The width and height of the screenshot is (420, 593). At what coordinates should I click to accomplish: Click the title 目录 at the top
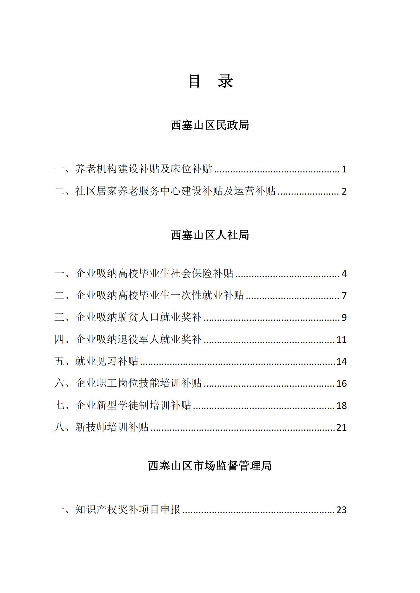210,81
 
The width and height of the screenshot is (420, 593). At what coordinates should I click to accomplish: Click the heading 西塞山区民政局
210,125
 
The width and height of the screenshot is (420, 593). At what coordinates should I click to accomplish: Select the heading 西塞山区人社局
210,235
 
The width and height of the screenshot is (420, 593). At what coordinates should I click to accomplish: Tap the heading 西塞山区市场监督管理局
210,466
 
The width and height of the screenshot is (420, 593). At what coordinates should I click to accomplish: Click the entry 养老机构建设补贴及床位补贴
143,169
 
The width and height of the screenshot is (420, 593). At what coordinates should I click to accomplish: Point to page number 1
344,170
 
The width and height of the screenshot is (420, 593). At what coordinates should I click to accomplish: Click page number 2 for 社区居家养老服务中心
344,191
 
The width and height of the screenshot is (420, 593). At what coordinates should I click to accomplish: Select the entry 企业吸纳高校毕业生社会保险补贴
154,274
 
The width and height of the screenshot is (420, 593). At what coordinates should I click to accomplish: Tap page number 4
344,274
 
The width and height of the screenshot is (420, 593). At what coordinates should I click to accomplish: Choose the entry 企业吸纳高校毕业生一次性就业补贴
159,295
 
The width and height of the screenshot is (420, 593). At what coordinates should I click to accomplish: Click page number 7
344,296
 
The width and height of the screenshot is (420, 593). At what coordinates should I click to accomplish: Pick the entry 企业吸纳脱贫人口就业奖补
138,317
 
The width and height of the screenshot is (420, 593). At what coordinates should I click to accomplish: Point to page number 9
344,318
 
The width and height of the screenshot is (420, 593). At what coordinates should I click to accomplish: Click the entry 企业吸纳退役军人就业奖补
138,339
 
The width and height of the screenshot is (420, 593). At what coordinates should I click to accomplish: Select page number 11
341,340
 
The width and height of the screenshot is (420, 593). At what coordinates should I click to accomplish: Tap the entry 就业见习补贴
107,361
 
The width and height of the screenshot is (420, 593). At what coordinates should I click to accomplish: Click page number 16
341,384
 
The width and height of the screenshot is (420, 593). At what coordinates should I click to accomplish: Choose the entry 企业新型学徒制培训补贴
133,405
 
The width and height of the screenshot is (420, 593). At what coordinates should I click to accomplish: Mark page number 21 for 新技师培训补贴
341,428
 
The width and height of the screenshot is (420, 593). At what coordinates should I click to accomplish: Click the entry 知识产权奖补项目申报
128,509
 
